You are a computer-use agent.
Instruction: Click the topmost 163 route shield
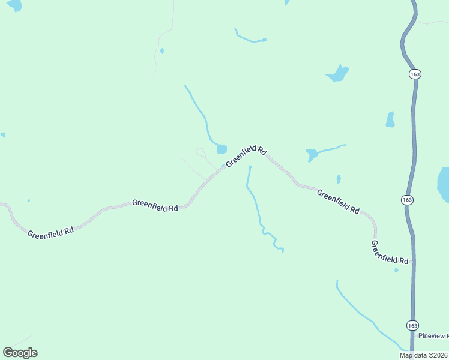click(415, 74)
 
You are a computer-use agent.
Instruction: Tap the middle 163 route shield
click(408, 199)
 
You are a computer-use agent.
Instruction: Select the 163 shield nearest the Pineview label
click(412, 325)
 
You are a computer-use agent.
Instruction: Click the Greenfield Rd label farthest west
click(50, 230)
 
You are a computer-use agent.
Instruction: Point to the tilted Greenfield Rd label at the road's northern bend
click(246, 157)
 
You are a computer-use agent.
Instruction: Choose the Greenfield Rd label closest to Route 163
click(390, 253)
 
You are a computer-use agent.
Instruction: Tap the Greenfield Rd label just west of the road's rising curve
click(155, 205)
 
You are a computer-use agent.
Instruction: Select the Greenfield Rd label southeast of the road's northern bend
click(337, 202)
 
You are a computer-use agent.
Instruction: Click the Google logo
click(20, 352)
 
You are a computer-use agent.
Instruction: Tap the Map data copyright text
click(424, 355)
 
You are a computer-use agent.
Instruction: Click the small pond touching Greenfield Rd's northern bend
click(221, 148)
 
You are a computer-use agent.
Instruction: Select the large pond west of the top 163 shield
click(338, 74)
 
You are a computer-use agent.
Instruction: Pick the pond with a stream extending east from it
click(312, 155)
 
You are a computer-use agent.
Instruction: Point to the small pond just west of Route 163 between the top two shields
click(390, 119)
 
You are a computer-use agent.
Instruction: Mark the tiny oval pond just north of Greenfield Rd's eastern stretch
click(339, 179)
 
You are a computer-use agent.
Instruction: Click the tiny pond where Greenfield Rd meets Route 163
click(396, 270)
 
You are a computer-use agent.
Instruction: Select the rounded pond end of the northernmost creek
click(264, 40)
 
